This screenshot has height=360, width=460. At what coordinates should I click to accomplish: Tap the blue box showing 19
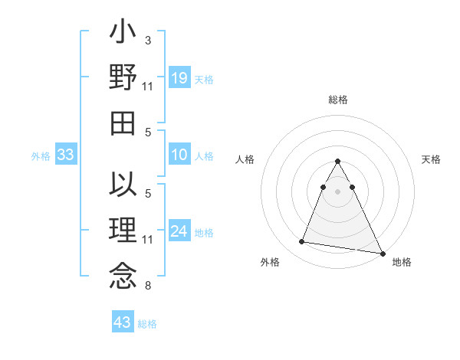click(179, 77)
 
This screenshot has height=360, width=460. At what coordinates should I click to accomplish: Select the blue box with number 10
click(179, 155)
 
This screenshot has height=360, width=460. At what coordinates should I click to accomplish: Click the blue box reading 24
click(179, 231)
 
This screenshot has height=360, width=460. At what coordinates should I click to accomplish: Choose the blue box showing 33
click(66, 155)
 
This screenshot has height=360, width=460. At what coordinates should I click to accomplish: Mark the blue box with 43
click(123, 322)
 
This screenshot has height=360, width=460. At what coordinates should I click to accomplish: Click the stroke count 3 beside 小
click(147, 39)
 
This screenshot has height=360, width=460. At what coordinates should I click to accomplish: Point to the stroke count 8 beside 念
click(147, 286)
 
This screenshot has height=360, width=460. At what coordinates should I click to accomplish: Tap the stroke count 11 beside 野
click(148, 87)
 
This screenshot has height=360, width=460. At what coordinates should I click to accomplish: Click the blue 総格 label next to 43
click(147, 324)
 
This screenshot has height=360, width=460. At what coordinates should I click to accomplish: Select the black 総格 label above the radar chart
click(337, 100)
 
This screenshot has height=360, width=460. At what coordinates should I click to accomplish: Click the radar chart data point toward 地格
click(383, 253)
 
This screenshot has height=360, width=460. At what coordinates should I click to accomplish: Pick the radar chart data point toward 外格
click(302, 242)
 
